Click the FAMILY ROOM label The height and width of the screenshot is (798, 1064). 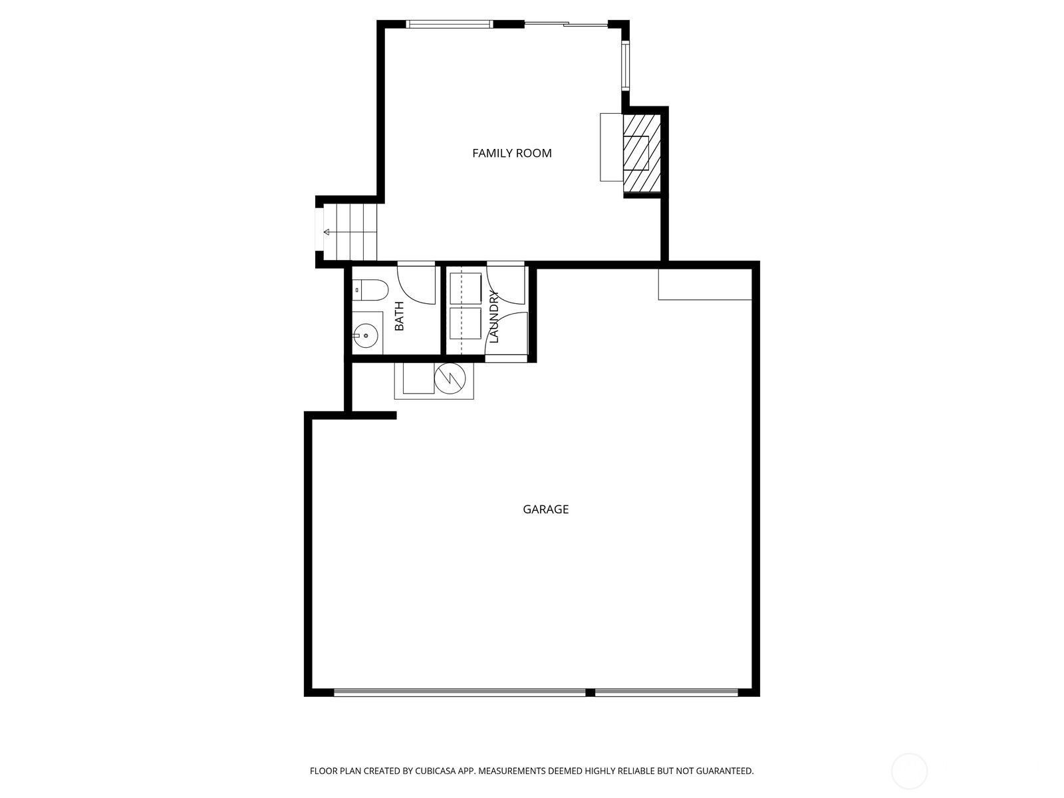[511, 153]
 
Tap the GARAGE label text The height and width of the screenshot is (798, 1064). [545, 509]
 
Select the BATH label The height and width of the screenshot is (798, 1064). [399, 316]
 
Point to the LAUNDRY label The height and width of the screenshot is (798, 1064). [494, 317]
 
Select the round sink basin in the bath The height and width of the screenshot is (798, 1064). [365, 335]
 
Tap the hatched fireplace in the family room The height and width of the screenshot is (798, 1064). [642, 153]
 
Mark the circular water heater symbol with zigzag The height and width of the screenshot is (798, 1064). [450, 378]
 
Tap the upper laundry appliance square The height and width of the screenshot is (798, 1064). [465, 289]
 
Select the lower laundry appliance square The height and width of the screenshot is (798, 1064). [465, 323]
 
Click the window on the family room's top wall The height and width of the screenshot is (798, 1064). [450, 24]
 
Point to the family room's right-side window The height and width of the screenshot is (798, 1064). [626, 67]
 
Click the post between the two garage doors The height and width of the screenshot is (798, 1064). [590, 692]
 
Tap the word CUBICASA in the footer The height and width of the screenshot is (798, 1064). [436, 771]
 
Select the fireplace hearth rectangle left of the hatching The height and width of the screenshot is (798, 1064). [612, 147]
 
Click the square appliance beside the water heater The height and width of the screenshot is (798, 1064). [418, 378]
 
